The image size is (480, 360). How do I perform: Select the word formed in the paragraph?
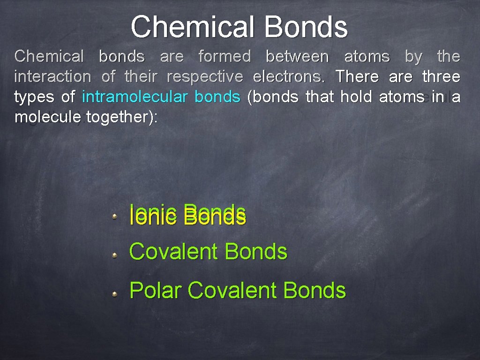tap(225, 57)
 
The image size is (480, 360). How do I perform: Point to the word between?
tap(297, 57)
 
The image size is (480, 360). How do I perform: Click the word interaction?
tap(52, 76)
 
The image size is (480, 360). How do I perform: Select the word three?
tap(441, 76)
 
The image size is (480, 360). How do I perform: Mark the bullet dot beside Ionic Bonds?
tap(114, 217)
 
